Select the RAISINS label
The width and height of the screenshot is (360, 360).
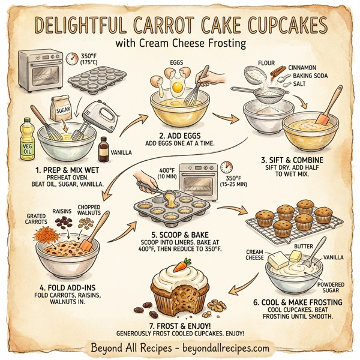(61, 212)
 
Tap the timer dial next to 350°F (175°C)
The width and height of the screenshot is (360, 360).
(73, 58)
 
